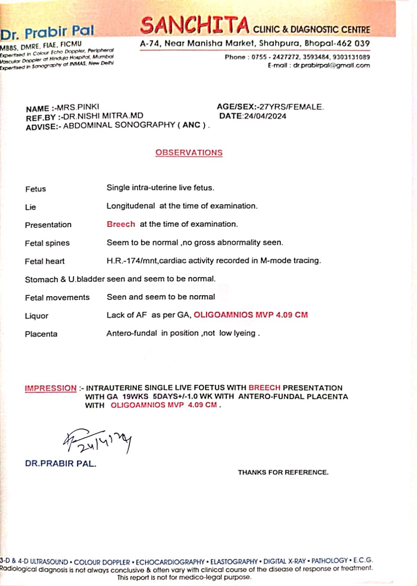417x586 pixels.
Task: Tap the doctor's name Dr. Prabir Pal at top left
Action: click(x=47, y=33)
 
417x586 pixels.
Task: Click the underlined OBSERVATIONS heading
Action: click(x=189, y=152)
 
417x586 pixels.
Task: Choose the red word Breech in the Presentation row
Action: click(x=121, y=224)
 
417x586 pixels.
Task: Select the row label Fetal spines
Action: click(x=47, y=243)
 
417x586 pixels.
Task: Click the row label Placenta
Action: click(x=41, y=334)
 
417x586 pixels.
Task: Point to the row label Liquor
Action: click(x=37, y=316)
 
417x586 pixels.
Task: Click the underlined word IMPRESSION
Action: click(x=50, y=388)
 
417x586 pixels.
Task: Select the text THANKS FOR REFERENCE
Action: click(x=283, y=472)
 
